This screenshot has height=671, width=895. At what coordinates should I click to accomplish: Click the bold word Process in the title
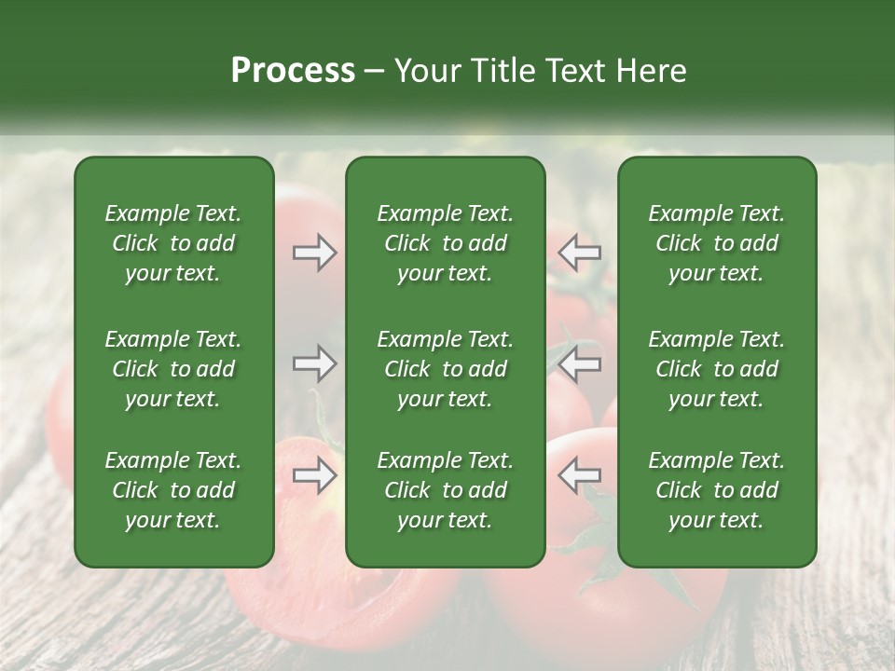click(x=293, y=71)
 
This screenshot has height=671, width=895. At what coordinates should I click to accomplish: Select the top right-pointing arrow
click(x=315, y=252)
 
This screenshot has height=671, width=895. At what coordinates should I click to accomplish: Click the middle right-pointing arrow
click(x=315, y=363)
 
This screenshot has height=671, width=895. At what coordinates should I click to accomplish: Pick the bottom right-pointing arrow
click(x=315, y=475)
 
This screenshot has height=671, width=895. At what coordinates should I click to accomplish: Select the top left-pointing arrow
click(x=579, y=252)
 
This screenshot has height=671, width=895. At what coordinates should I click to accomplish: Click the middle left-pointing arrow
click(x=579, y=363)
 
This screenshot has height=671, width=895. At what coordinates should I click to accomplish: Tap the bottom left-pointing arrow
click(x=579, y=475)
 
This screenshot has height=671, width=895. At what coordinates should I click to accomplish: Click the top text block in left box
click(x=173, y=243)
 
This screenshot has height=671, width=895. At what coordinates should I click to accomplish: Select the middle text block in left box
click(x=173, y=369)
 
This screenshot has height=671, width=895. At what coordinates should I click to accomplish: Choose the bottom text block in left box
click(x=173, y=490)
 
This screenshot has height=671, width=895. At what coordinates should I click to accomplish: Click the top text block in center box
click(x=446, y=243)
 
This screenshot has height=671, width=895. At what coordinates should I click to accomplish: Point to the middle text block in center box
click(x=446, y=369)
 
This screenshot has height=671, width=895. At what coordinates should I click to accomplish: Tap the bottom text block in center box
click(x=446, y=490)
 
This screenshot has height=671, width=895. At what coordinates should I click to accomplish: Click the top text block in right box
click(x=717, y=243)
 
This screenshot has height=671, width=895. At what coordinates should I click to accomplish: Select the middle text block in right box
click(x=717, y=369)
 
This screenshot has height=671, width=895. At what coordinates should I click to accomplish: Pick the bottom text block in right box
click(x=717, y=490)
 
